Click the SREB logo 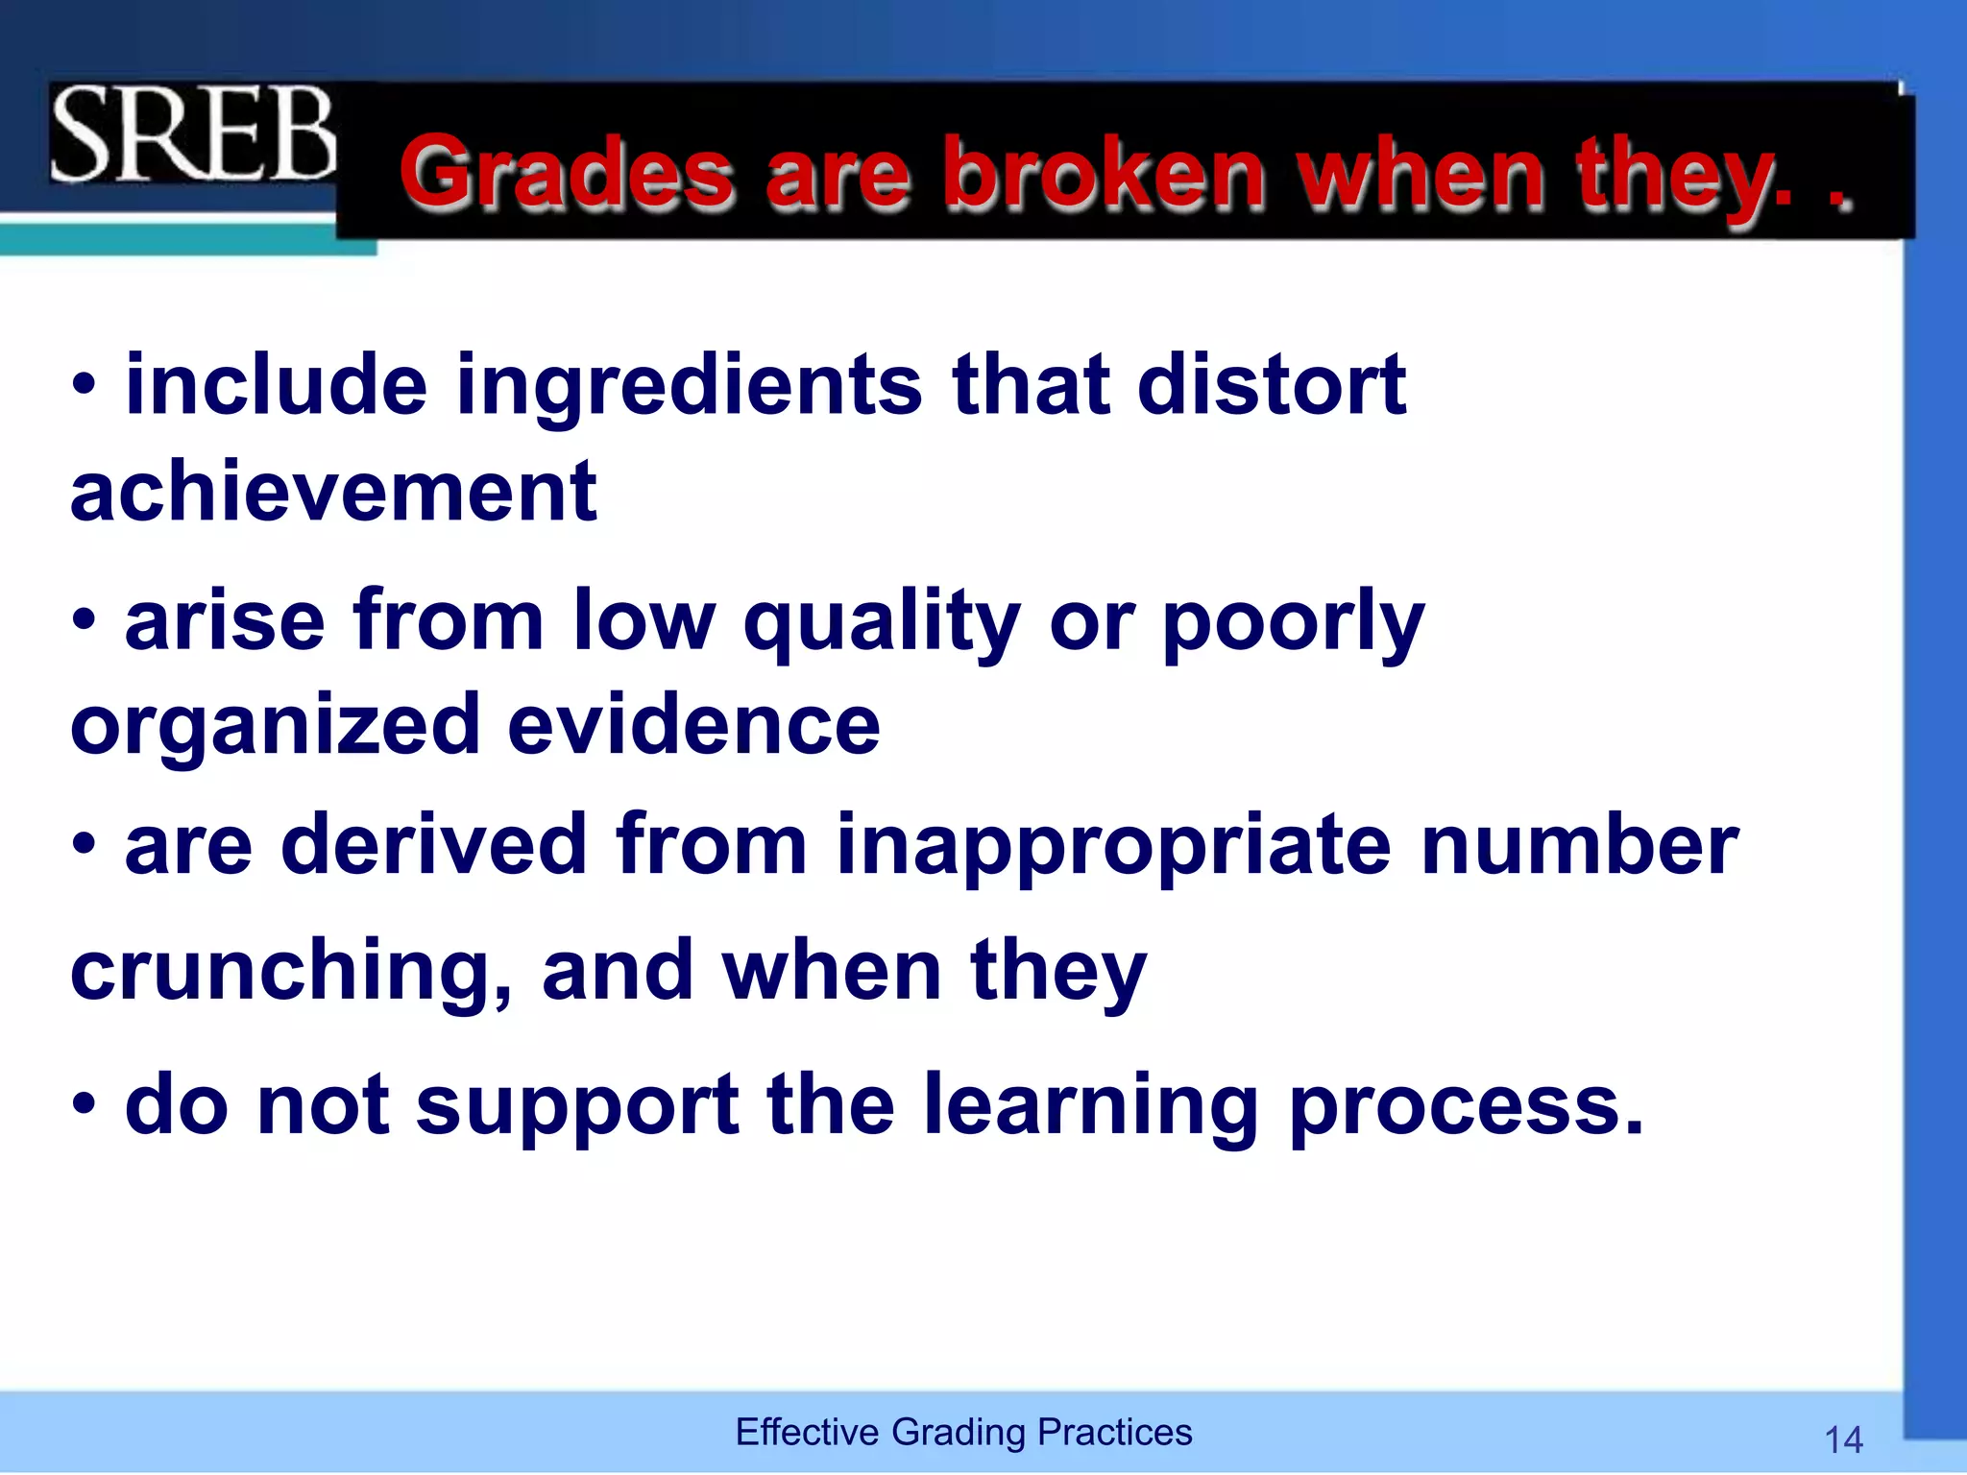193,133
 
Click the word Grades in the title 567,174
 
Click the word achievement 334,491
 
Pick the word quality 882,622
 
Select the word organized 275,726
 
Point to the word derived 434,844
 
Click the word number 1580,844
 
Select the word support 577,1106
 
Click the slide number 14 1843,1439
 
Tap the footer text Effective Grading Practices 963,1432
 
